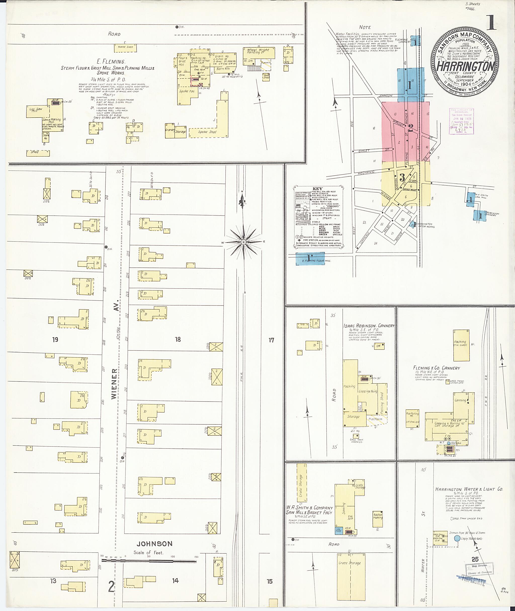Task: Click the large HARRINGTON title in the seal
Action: click(x=465, y=67)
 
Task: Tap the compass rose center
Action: click(x=243, y=242)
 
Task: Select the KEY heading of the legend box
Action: click(x=317, y=189)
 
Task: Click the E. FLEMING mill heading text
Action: click(x=111, y=62)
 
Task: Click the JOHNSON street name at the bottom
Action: click(x=155, y=544)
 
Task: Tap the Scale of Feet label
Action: click(x=148, y=552)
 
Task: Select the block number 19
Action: click(x=55, y=339)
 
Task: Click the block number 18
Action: click(x=178, y=339)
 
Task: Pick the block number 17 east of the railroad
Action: click(x=271, y=340)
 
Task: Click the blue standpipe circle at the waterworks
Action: click(x=456, y=538)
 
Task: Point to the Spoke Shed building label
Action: click(x=207, y=132)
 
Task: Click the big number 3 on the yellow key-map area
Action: click(x=402, y=177)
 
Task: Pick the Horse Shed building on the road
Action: click(x=125, y=47)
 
